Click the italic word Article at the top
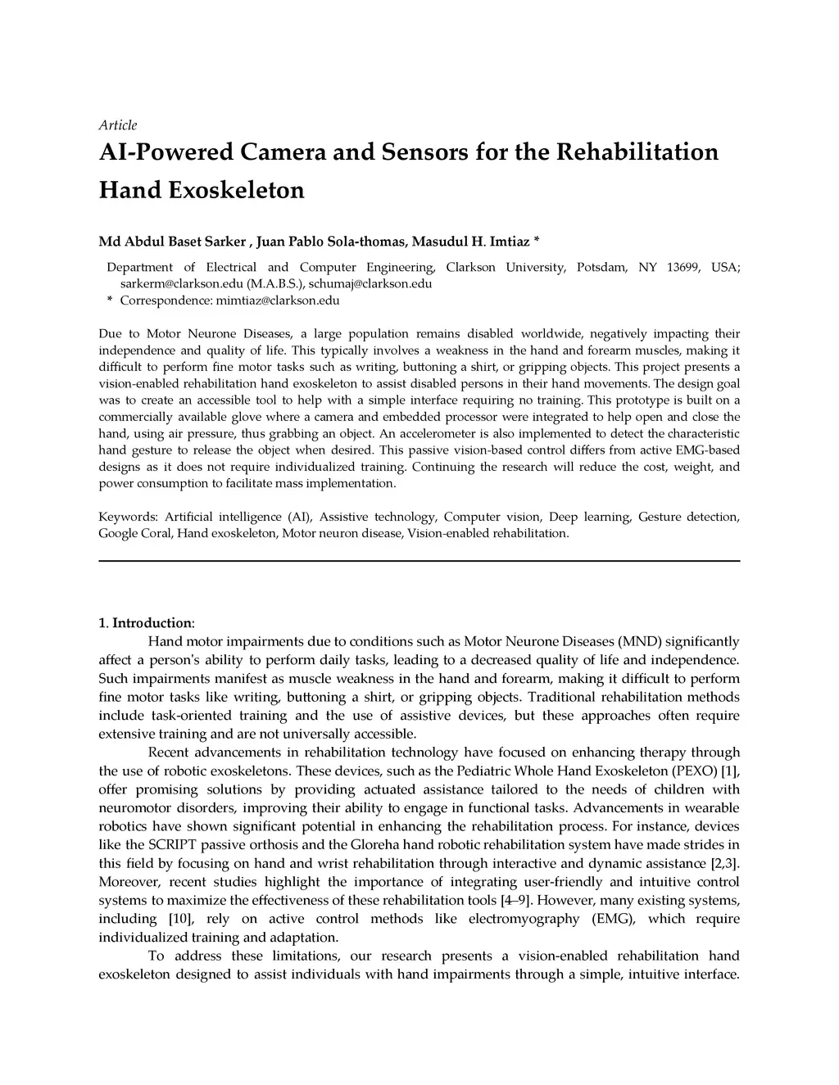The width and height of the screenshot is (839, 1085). [x=118, y=125]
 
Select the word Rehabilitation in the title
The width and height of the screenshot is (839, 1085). [x=637, y=152]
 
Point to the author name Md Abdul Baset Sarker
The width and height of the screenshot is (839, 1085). [x=172, y=242]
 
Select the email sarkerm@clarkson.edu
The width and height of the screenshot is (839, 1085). [x=182, y=284]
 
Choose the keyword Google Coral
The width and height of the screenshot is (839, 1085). [x=135, y=533]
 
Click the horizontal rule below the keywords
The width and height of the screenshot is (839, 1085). [x=419, y=561]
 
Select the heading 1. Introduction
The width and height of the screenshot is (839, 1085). [x=147, y=623]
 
